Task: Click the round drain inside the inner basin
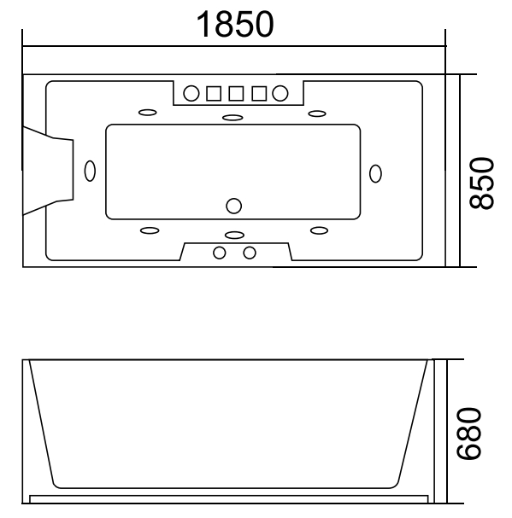click(233, 206)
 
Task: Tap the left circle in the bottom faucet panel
click(220, 252)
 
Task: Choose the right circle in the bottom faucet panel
click(250, 252)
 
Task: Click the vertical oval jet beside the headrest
click(91, 171)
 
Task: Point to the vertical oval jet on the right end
click(375, 172)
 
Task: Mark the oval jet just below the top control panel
click(232, 118)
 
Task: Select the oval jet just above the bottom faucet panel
click(232, 234)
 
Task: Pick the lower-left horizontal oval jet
click(148, 230)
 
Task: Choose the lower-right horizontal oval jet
click(320, 230)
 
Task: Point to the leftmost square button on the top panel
click(214, 92)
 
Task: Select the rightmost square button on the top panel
click(257, 92)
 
